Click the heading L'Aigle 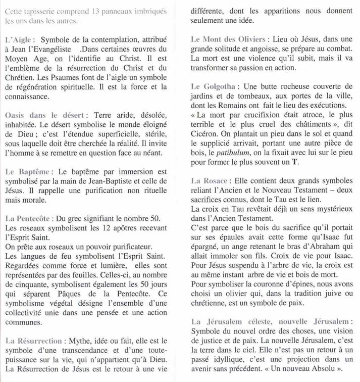tap(19, 39)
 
